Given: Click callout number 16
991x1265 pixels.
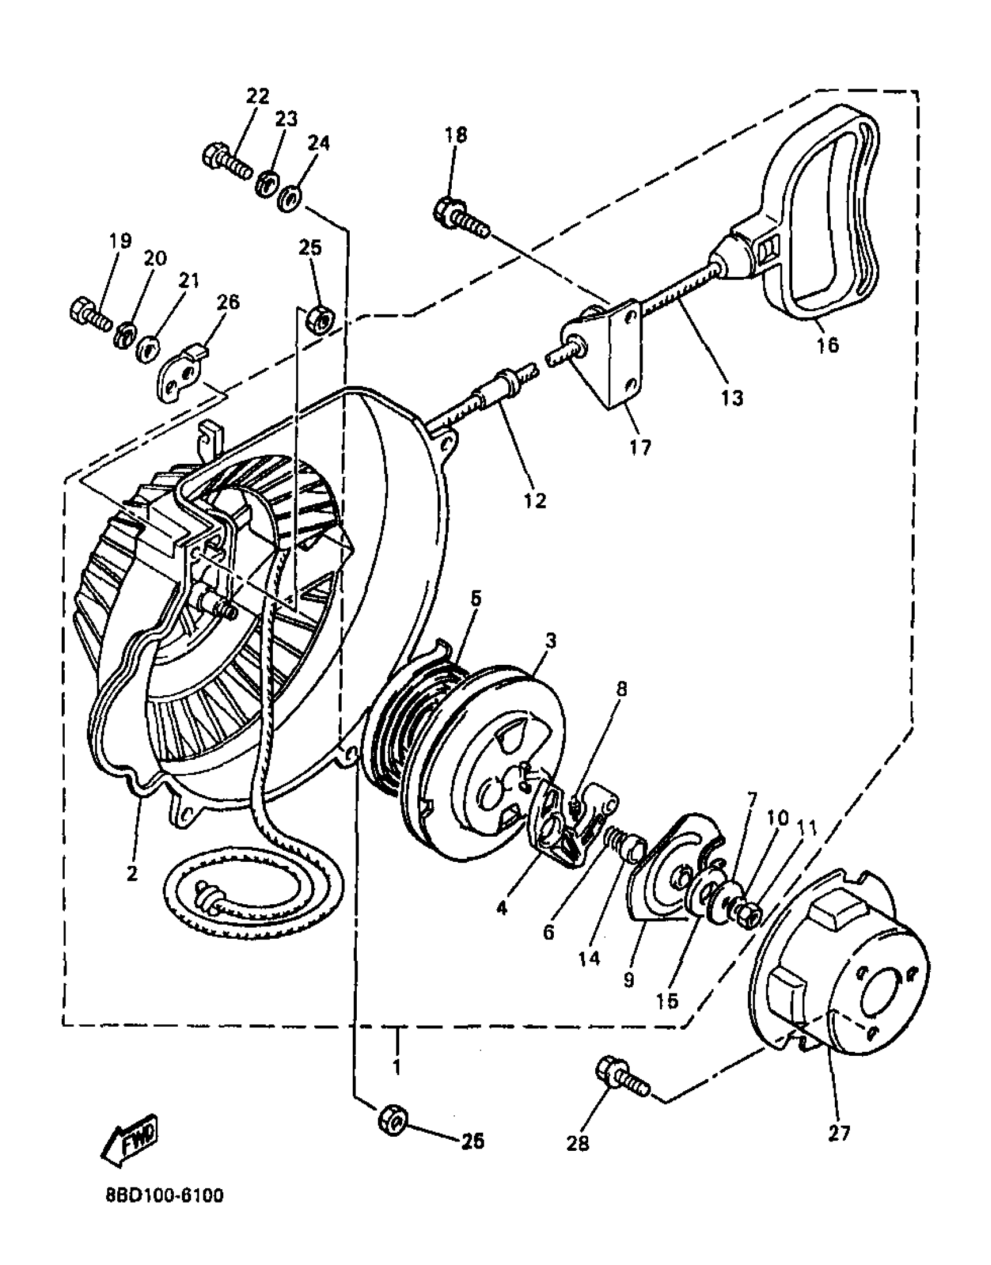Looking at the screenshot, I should tap(827, 345).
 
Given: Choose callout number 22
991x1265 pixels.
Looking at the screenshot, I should tap(257, 96).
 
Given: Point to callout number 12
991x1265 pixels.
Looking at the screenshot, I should tap(535, 500).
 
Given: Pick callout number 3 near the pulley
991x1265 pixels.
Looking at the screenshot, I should tap(550, 641).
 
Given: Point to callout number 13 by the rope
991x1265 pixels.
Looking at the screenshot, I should tap(731, 398).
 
